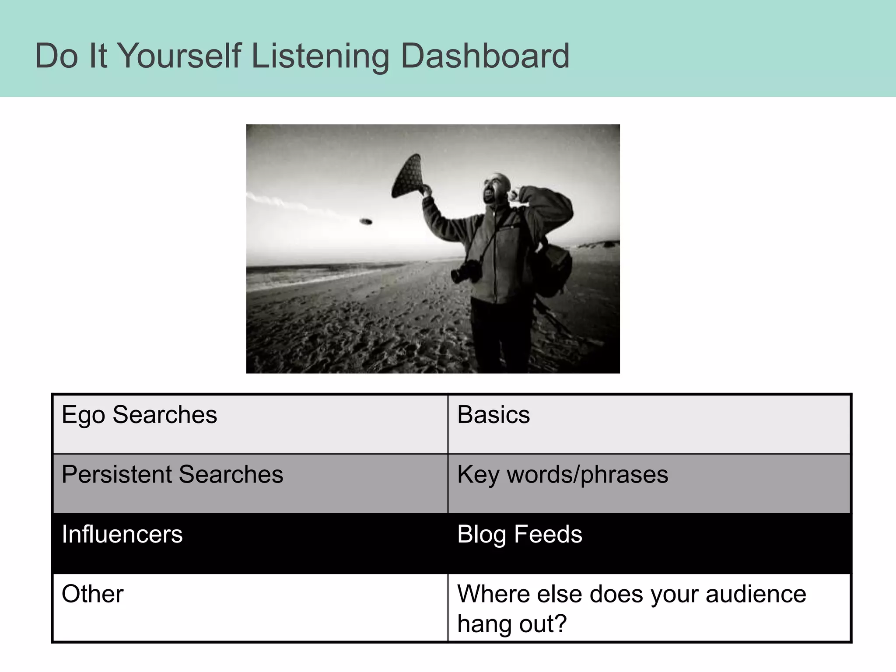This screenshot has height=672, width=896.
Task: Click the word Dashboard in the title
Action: [x=485, y=56]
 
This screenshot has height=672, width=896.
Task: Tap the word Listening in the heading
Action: [x=319, y=57]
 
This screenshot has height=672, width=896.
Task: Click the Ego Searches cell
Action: [x=139, y=415]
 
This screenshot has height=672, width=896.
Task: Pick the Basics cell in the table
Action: [x=493, y=415]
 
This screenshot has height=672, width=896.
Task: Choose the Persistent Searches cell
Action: [x=172, y=474]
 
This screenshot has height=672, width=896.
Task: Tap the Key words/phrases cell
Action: [x=563, y=475]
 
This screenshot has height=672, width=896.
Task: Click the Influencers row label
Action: [x=122, y=534]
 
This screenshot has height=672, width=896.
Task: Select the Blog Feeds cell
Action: [x=519, y=534]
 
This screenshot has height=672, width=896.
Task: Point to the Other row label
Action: [x=92, y=594]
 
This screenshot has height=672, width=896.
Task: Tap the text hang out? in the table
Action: [x=512, y=623]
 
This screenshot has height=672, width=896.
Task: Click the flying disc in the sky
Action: [x=366, y=222]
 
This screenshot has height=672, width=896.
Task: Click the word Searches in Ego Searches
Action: [x=164, y=415]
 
